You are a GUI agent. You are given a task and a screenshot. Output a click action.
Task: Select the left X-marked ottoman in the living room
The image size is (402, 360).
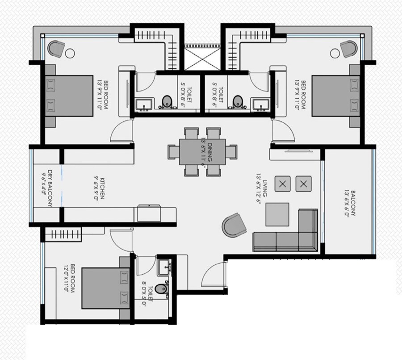click(x=283, y=184)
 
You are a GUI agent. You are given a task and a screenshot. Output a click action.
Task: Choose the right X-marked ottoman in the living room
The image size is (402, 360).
click(x=304, y=184)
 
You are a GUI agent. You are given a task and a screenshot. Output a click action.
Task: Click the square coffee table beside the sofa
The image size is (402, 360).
click(x=277, y=214)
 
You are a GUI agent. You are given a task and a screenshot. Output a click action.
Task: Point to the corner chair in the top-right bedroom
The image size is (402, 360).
click(x=349, y=48)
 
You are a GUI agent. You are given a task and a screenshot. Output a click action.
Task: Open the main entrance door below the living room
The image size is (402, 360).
click(x=214, y=277)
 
